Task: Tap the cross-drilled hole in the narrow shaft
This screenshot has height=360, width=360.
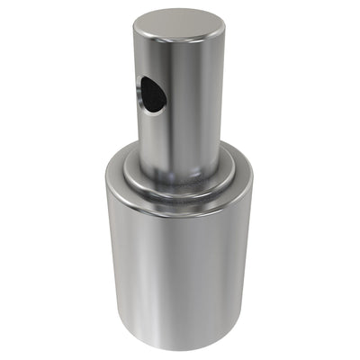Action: tap(151, 94)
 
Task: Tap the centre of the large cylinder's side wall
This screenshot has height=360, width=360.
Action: tap(180, 270)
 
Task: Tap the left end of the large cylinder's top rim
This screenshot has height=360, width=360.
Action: tap(107, 175)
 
